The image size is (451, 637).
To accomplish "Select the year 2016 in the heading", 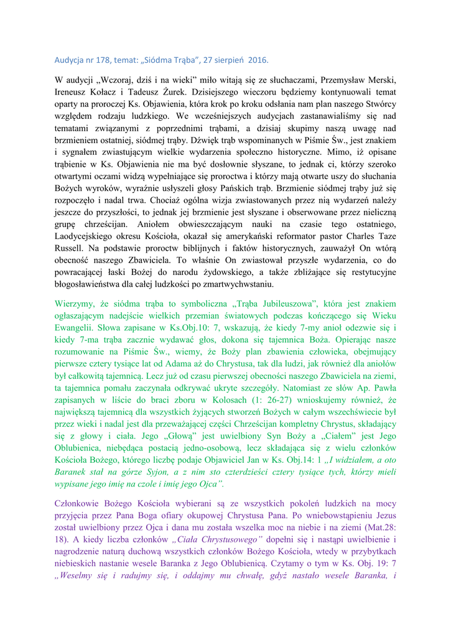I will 258,60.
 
